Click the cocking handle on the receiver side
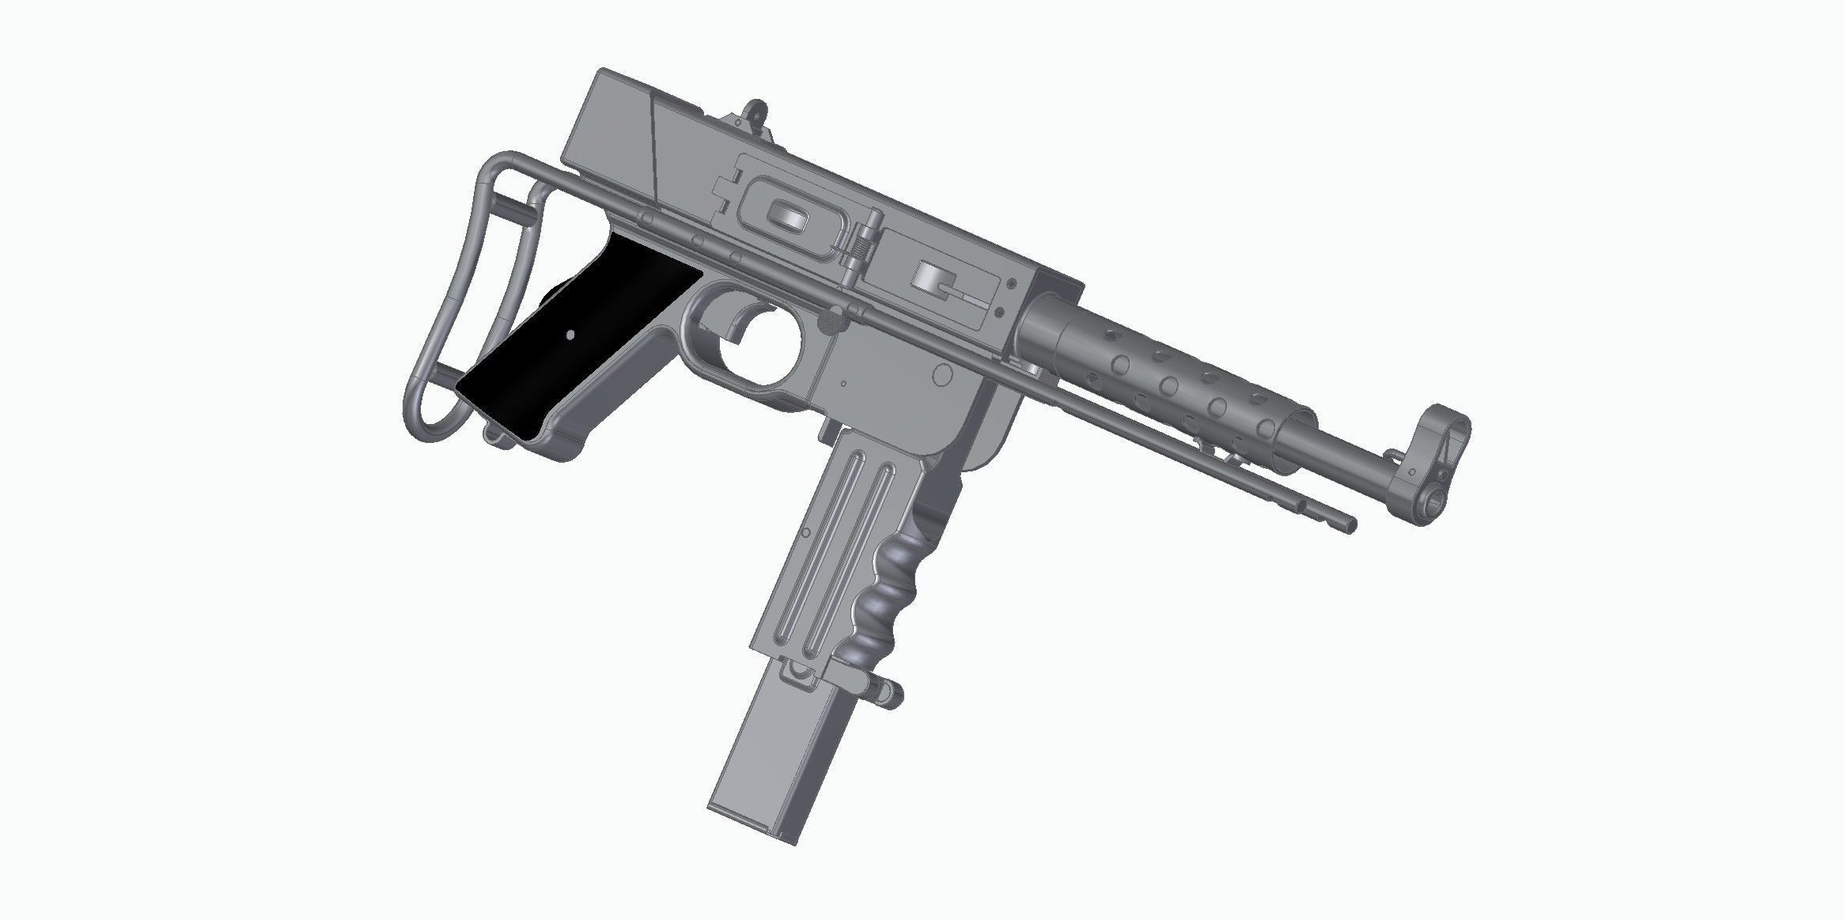pyautogui.click(x=933, y=281)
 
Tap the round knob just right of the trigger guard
pyautogui.click(x=831, y=320)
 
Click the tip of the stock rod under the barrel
pyautogui.click(x=1352, y=524)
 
